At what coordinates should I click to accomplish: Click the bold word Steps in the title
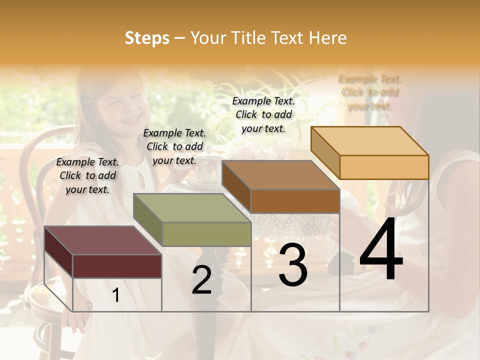click(x=147, y=38)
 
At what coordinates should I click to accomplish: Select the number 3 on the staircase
click(x=293, y=265)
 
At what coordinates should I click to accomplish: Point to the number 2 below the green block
click(x=201, y=280)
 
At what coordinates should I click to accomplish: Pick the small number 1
click(x=116, y=295)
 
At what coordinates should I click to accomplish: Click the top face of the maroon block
click(x=102, y=240)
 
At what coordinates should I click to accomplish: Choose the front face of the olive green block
click(x=206, y=234)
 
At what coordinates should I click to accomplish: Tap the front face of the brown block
click(x=295, y=201)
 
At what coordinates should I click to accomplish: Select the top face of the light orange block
click(x=370, y=140)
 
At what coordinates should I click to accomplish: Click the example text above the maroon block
click(x=87, y=175)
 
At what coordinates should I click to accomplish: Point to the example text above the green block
click(x=174, y=146)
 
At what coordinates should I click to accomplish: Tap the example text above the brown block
click(x=263, y=114)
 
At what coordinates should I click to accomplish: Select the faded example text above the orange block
click(x=370, y=92)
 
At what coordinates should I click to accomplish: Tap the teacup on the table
click(x=204, y=170)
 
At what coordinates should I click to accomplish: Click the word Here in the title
click(x=328, y=38)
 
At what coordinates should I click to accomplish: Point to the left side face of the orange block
click(x=325, y=152)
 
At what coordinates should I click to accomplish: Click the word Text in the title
click(x=287, y=38)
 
